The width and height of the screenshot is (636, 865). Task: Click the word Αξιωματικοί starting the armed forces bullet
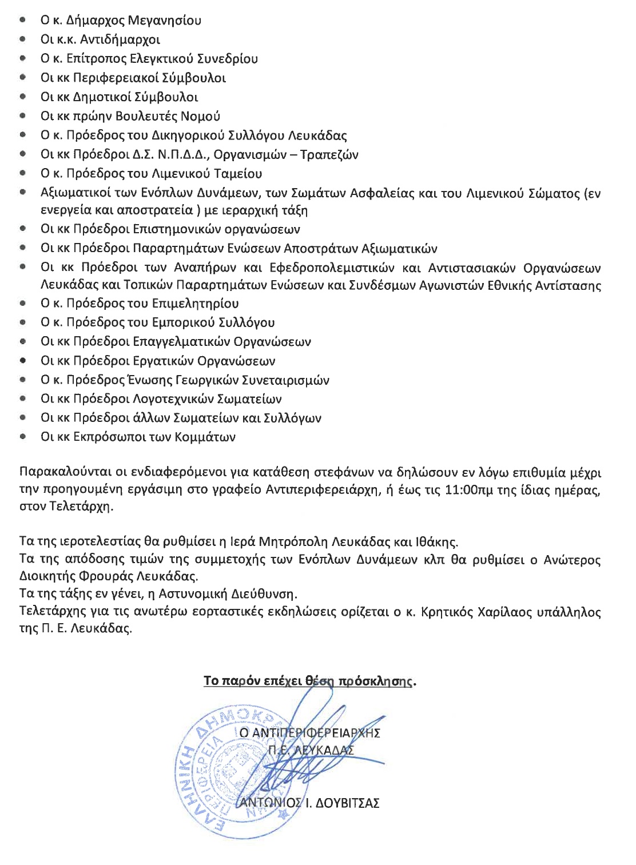(77, 193)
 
